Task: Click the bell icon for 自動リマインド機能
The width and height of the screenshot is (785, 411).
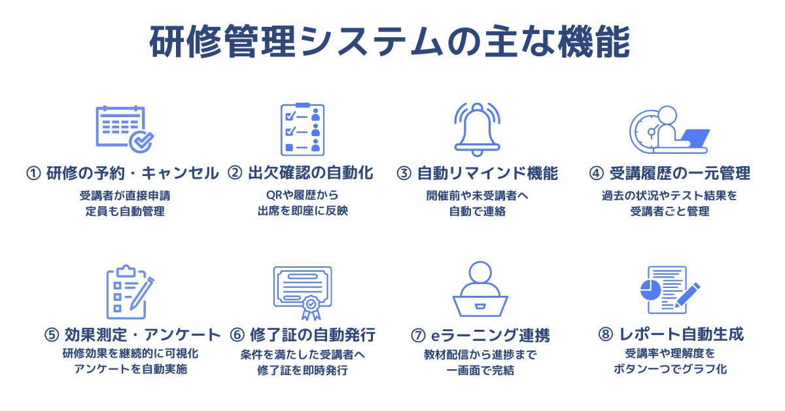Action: coord(477,129)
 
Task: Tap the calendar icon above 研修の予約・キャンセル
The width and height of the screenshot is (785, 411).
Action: coord(125,129)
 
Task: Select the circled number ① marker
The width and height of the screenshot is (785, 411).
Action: coord(33,173)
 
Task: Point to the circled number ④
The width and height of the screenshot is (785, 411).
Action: coord(596,173)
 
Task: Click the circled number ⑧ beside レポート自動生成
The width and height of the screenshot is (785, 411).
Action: coord(606,334)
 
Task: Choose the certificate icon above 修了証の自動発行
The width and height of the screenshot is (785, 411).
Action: coord(302,293)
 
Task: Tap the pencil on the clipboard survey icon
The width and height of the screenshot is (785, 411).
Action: coord(142,294)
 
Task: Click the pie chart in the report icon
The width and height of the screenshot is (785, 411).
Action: coord(650,290)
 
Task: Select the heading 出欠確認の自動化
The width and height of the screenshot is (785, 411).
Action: coord(311,173)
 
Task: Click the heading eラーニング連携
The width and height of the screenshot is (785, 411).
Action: coord(490,335)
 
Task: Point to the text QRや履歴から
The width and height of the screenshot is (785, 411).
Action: coord(302,195)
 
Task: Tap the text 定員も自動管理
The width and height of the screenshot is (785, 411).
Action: coord(125,211)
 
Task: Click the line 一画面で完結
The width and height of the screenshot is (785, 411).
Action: coord(480,370)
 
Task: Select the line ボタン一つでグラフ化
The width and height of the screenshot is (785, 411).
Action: coord(670,369)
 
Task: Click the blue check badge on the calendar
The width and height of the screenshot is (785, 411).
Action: coord(141,141)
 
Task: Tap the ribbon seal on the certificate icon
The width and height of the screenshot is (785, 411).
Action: coord(311,308)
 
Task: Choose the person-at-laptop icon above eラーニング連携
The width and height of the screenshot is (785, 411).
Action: coord(480,289)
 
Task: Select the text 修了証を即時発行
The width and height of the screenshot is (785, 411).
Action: coord(302,370)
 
